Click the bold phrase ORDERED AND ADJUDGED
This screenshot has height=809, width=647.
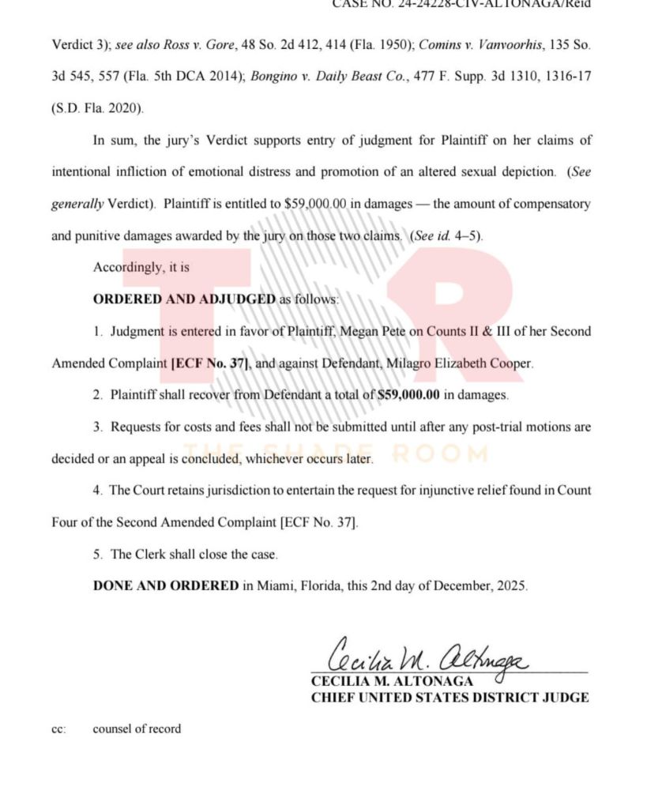[185, 299]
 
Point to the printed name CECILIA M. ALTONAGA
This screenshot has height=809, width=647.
[393, 681]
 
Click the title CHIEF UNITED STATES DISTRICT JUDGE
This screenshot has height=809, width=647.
[450, 697]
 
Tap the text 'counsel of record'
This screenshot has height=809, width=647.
[137, 728]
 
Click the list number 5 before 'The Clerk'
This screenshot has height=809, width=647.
[97, 554]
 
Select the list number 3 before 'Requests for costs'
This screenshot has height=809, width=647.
[97, 427]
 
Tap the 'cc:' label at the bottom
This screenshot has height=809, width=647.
[58, 728]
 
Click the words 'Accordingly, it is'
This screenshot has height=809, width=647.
[141, 268]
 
